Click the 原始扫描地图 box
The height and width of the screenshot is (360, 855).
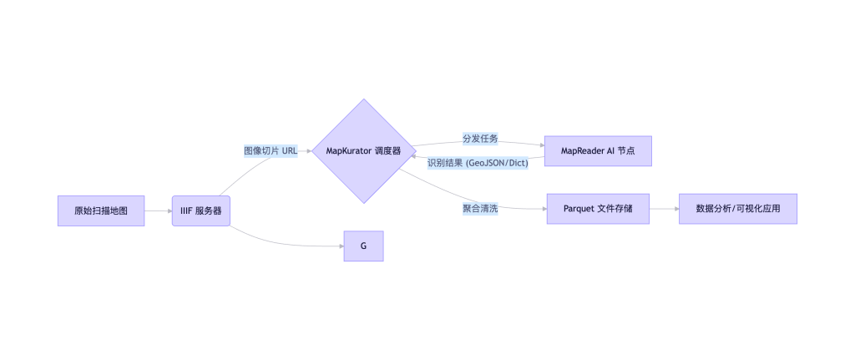(101, 210)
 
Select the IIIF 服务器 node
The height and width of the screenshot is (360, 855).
(200, 210)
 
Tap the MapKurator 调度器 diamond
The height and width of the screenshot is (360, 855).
(363, 151)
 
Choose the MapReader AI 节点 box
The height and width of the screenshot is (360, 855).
(597, 151)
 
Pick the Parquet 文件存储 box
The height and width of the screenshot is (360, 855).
(598, 208)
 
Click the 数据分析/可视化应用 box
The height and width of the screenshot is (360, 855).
(738, 208)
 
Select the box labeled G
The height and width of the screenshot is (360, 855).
(363, 246)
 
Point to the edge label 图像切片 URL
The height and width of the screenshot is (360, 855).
(271, 151)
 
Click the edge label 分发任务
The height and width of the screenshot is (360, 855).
(480, 138)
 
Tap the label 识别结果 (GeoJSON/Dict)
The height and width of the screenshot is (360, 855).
(478, 163)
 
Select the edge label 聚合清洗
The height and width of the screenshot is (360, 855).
(480, 208)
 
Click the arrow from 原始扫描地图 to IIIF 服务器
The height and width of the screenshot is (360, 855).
(158, 210)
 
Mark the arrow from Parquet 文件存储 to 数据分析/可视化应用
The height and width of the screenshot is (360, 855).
(664, 208)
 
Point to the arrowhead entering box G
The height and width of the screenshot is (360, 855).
(340, 246)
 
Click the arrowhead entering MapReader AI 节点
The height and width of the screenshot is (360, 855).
(540, 144)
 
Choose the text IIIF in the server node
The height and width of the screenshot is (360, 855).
(187, 210)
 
